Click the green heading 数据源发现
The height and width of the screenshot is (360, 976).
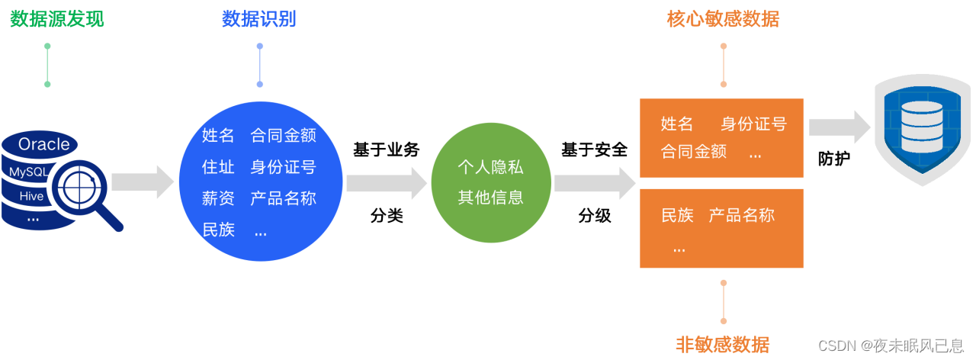tap(57, 19)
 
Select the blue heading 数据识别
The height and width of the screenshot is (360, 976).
tap(258, 19)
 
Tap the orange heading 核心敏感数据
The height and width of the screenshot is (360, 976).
tap(723, 19)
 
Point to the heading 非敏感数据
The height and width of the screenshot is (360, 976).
tap(723, 344)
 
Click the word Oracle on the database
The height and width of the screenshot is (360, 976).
tap(43, 144)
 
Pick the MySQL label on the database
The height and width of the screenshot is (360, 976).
tap(28, 172)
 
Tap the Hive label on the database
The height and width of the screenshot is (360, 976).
tap(32, 196)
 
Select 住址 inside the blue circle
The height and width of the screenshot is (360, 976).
tap(218, 167)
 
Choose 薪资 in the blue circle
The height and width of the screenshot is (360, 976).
tap(218, 198)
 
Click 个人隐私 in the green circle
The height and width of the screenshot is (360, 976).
tap(490, 167)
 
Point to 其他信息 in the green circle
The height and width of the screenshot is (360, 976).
tap(490, 198)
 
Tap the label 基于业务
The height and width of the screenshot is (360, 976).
tap(387, 149)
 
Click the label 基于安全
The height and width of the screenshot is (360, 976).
tap(594, 149)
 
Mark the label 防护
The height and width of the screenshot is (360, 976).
tap(833, 159)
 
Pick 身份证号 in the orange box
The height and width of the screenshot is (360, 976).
tap(753, 124)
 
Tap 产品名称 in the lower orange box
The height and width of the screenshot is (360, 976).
tap(741, 215)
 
